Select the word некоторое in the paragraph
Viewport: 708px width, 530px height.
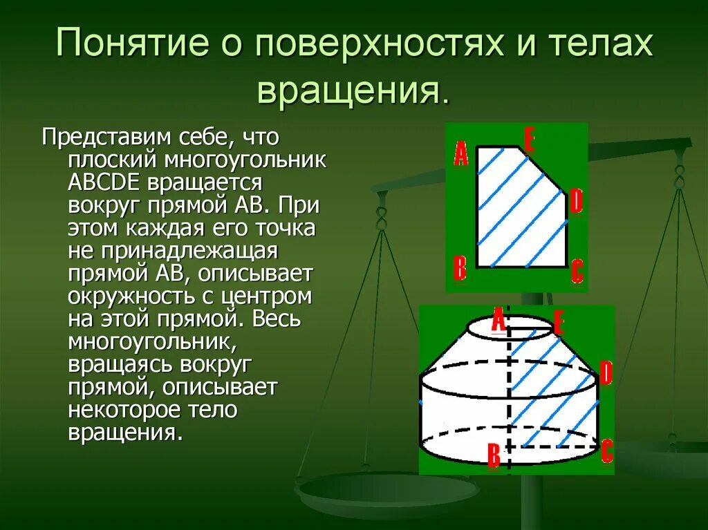(129, 410)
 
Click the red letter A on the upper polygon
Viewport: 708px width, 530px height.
(460, 154)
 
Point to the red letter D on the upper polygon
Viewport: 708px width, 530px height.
(576, 202)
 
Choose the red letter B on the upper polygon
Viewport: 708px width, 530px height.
(460, 268)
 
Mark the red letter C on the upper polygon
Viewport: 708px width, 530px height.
(577, 272)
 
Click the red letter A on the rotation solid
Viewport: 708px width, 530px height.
(498, 321)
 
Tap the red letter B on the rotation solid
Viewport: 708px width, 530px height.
(494, 456)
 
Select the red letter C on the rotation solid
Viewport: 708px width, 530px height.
(606, 451)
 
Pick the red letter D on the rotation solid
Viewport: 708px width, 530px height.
(606, 374)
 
